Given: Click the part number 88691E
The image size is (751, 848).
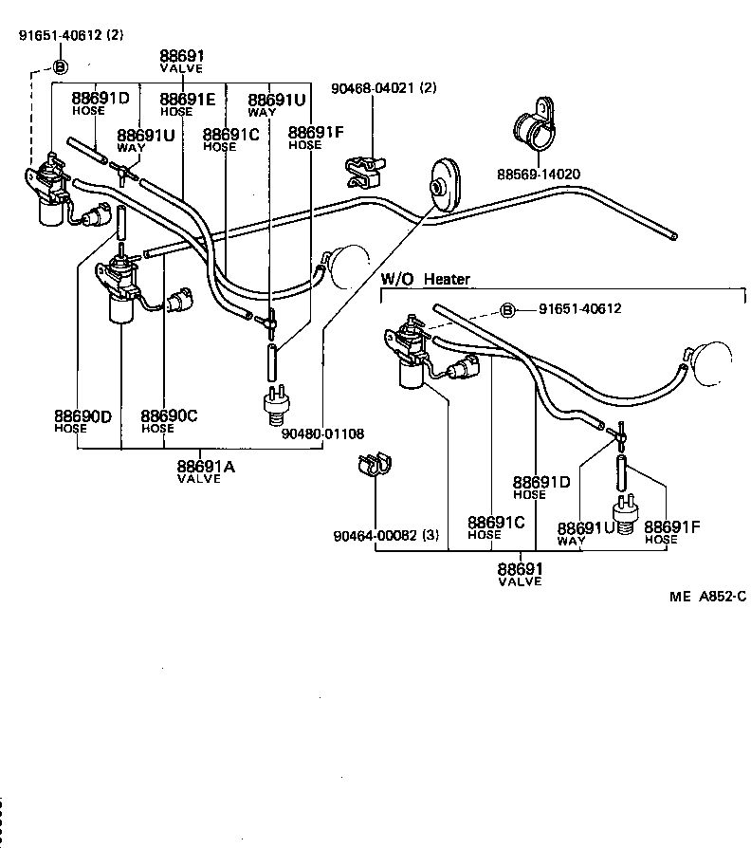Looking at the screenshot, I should pos(187,99).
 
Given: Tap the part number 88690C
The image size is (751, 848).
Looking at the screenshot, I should pos(169,416).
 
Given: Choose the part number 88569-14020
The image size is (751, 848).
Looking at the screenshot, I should pos(538,175).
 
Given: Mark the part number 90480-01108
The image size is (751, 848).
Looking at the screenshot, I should pos(322,433).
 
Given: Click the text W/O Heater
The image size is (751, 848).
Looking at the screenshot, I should pos(425,279).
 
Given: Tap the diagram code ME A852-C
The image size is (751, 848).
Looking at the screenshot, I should pos(707,596).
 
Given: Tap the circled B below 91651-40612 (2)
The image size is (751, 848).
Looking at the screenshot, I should pos(59,66).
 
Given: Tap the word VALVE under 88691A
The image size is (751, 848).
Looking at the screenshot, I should pos(198,479).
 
